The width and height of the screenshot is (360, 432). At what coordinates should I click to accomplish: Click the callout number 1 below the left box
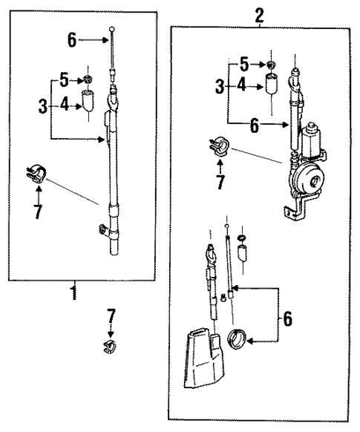click(x=73, y=292)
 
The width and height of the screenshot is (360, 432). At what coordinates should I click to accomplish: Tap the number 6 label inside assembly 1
click(x=71, y=40)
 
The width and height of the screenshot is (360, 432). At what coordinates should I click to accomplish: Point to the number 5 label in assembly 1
click(x=64, y=79)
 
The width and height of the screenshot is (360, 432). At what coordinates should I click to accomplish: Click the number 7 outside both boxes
click(x=111, y=318)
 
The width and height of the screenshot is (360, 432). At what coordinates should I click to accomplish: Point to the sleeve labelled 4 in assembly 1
click(x=88, y=102)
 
